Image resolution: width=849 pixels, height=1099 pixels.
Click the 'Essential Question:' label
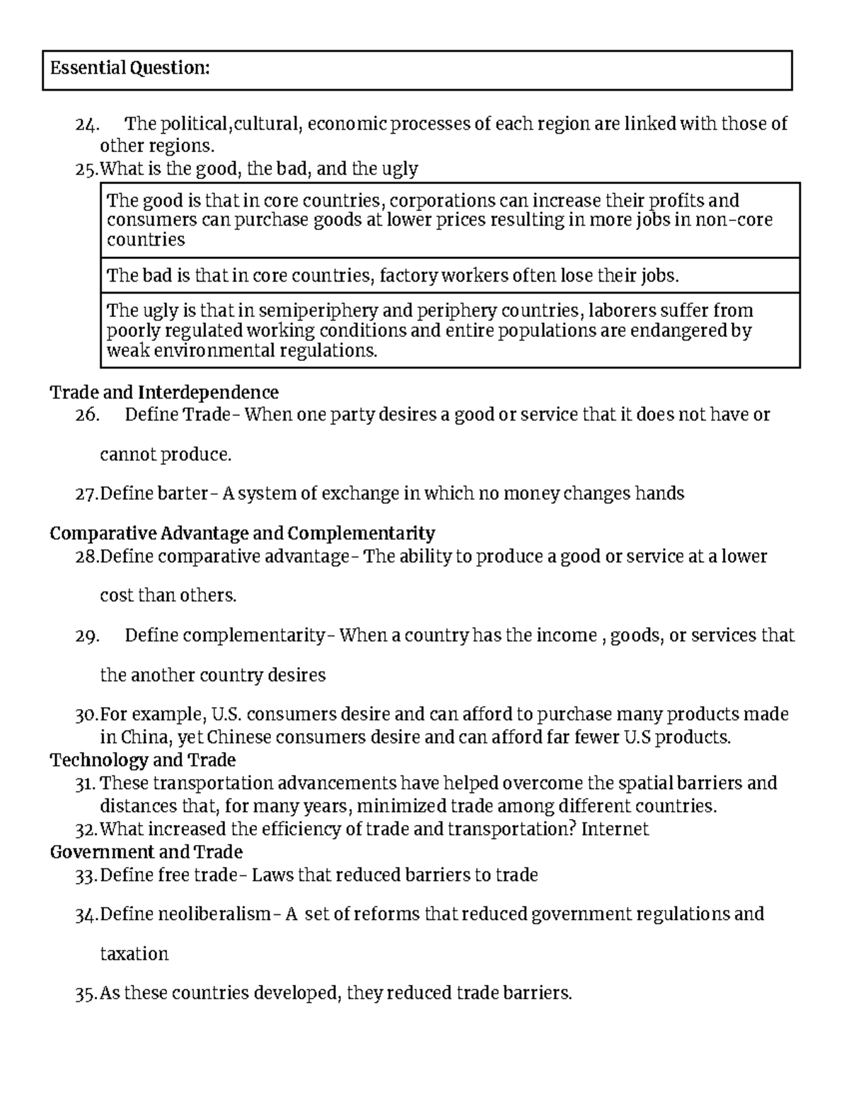[x=129, y=68]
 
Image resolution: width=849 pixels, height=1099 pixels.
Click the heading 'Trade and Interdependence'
[x=164, y=392]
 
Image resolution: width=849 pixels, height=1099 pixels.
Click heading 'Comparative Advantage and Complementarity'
[x=242, y=533]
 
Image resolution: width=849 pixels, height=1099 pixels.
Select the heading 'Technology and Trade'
[x=142, y=760]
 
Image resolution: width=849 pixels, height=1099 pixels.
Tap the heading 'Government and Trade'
[x=146, y=852]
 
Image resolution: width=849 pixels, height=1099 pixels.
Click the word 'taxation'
[x=134, y=954]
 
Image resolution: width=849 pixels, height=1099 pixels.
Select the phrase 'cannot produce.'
[x=166, y=454]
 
